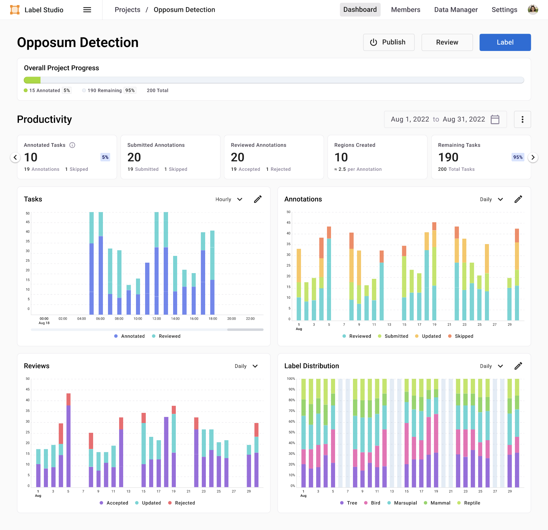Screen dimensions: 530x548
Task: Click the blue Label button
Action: coord(505,42)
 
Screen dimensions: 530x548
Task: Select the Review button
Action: coord(447,42)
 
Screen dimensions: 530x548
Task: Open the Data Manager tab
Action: coord(456,10)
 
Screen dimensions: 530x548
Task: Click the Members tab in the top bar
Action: coord(405,10)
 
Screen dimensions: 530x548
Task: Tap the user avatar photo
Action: coord(532,10)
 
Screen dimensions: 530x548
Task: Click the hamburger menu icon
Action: coord(87,10)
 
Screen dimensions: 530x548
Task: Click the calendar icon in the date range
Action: coord(495,120)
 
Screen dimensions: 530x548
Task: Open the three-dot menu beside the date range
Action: coord(522,120)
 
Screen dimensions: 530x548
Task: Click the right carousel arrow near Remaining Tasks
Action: coord(533,157)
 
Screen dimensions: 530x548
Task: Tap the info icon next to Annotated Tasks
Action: coord(72,145)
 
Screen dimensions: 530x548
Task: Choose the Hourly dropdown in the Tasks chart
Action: coord(229,200)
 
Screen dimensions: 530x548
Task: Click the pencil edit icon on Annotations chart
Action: coord(518,199)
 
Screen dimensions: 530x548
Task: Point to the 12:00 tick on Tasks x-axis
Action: coord(157,319)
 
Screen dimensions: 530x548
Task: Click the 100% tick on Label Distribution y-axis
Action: coord(291,379)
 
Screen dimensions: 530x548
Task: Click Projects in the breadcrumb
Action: coord(127,10)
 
